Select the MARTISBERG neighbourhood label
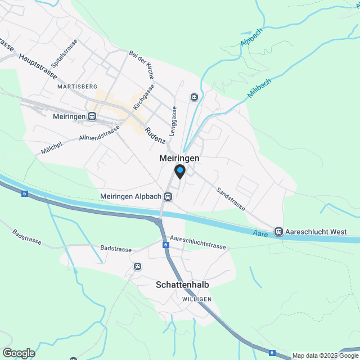point(78,87)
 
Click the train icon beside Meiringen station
point(92,116)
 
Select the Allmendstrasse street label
point(100,133)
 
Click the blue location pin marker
point(180,171)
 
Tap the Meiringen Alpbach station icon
point(168,197)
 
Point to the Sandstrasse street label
point(231,199)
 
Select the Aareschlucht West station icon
point(278,232)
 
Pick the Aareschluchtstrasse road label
point(197,242)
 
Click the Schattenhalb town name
point(182,285)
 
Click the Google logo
point(19,353)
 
